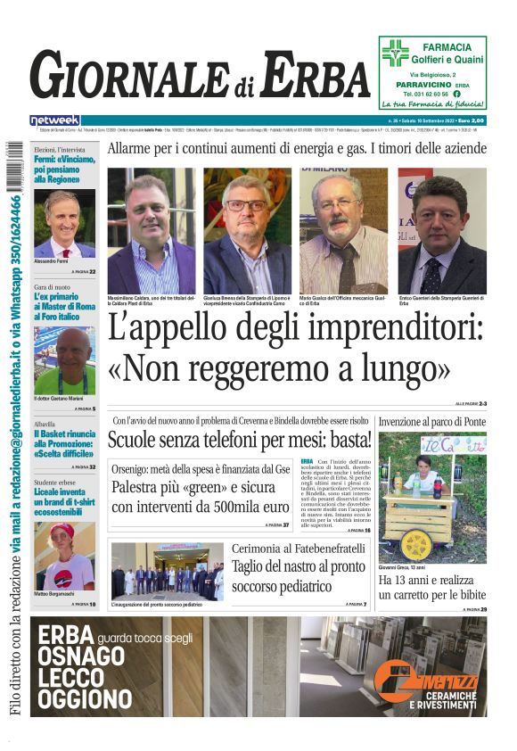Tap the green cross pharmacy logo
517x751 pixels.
[395, 53]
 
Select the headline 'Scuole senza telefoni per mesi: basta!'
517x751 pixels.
[240, 440]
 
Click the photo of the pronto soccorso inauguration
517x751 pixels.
[168, 571]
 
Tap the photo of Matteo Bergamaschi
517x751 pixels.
[64, 557]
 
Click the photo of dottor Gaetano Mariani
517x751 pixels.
[64, 361]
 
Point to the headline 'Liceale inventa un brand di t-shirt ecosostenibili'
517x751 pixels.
[63, 503]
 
